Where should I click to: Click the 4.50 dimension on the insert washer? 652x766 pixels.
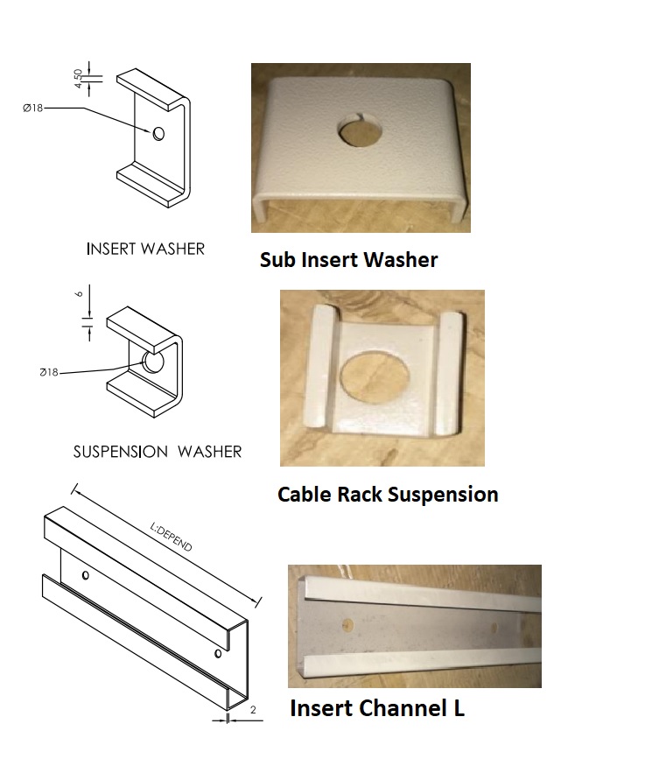tap(79, 78)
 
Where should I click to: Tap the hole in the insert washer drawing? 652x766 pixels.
tap(158, 133)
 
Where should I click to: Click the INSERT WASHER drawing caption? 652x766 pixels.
tap(145, 249)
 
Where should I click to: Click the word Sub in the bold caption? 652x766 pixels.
tap(282, 260)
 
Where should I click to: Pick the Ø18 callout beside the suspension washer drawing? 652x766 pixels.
tap(49, 372)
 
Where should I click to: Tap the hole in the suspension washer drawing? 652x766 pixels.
tap(153, 362)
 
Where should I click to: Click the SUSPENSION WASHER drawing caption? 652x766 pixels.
tap(158, 452)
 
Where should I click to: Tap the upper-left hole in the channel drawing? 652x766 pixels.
tap(85, 576)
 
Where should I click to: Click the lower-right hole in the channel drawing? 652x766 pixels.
tap(217, 653)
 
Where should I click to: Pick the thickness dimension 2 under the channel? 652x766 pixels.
tap(253, 710)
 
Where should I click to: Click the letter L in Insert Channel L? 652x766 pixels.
tap(459, 708)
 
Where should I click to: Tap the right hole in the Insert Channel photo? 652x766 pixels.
tap(496, 627)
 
